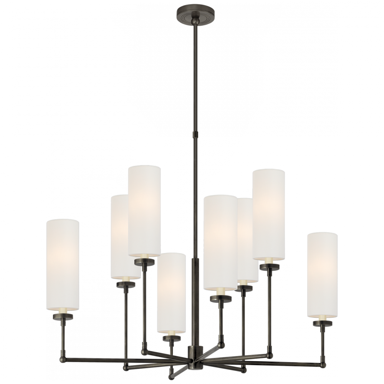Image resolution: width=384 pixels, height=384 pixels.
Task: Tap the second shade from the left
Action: pos(120,236)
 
